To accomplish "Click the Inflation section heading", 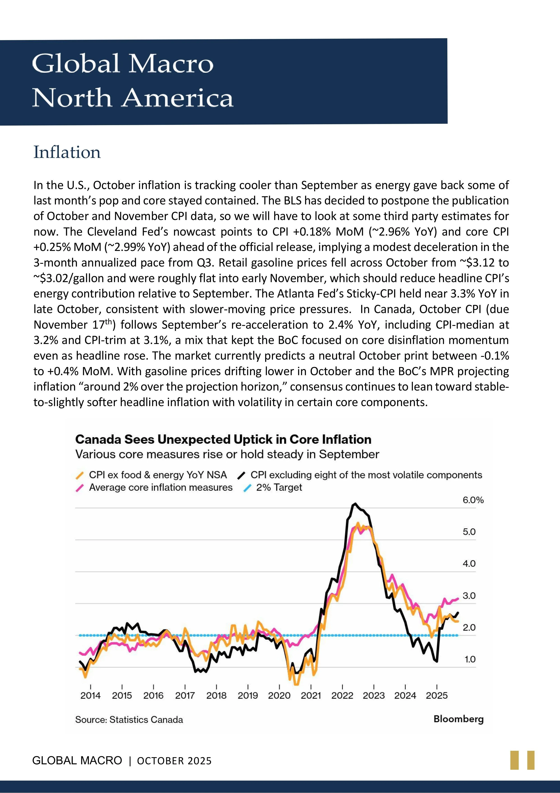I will point(67,152).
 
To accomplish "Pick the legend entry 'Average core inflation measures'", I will point(160,487).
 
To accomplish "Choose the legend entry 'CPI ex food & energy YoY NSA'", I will point(158,475).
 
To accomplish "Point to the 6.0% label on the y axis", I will point(473,500).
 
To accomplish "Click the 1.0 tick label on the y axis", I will point(470,659).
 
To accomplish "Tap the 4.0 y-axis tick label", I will point(469,564).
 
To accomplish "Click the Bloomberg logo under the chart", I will point(458,719).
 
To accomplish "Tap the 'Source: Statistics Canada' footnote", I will point(129,720).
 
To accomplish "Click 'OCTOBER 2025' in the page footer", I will point(174,761).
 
